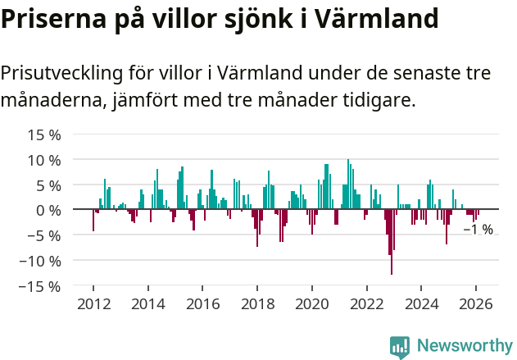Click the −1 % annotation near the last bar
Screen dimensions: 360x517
point(478,230)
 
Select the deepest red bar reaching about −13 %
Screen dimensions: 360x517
point(392,246)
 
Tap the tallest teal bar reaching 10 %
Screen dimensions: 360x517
point(348,185)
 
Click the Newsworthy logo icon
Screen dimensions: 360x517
point(400,347)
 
